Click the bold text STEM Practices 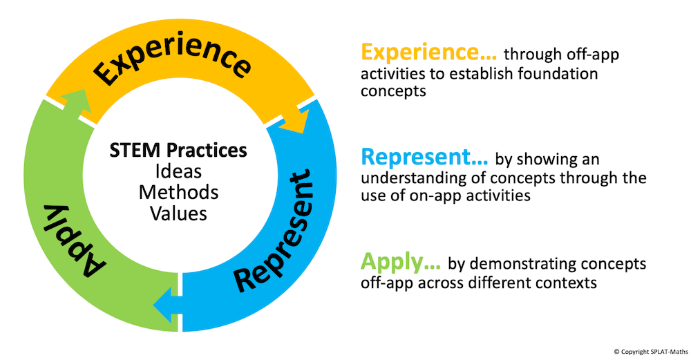pos(178,150)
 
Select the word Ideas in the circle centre pos(178,171)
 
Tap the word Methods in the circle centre pos(178,193)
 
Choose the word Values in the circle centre pos(178,214)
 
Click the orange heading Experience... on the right pos(429,53)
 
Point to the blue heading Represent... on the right pos(424,158)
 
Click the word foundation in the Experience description pos(558,73)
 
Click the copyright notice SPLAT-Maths pos(650,352)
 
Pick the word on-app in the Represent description pos(435,196)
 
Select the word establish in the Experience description pos(480,73)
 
